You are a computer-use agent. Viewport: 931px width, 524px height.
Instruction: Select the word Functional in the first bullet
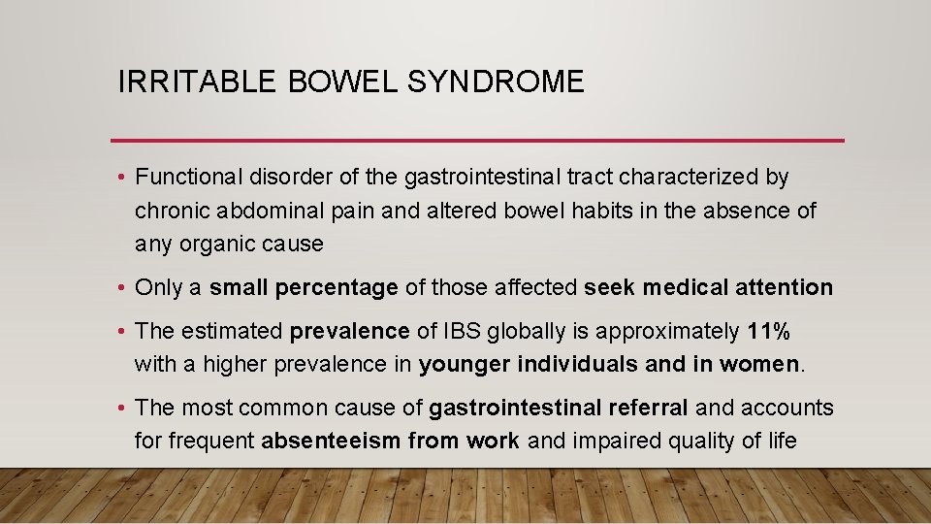pos(188,178)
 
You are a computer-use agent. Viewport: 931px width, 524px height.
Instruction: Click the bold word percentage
pos(337,288)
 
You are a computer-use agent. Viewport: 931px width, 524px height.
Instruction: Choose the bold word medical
pos(686,288)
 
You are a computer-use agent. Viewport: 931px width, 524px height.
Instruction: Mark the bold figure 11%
pos(769,332)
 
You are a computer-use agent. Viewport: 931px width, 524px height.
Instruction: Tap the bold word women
pos(767,365)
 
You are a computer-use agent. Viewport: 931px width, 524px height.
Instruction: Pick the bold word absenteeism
pos(330,442)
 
